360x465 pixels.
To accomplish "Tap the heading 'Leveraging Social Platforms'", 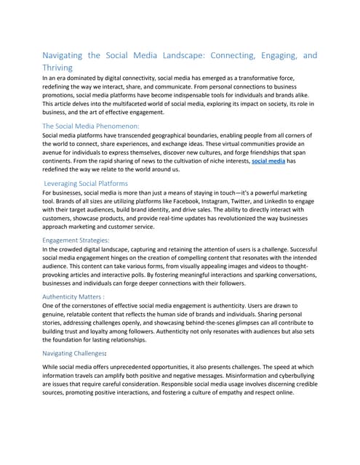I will (x=86, y=183).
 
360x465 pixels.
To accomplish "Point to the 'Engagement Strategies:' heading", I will (x=76, y=239).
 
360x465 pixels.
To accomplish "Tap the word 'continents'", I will (x=63, y=161).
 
